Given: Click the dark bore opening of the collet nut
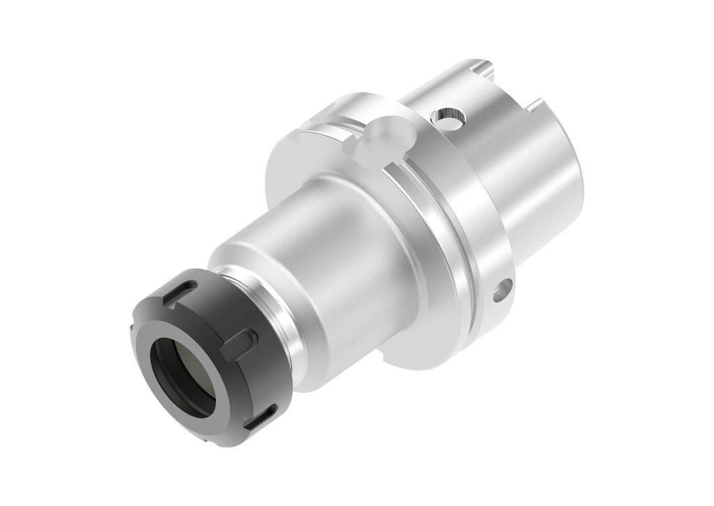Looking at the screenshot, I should (x=183, y=376).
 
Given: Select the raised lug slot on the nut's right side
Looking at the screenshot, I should (x=239, y=342).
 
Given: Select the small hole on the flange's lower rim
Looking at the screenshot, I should (x=502, y=289).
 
